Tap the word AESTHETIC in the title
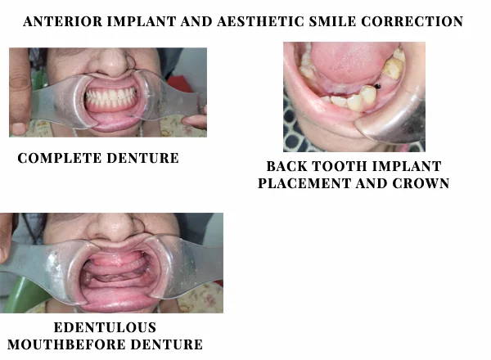tap(260, 21)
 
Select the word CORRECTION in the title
tap(412, 21)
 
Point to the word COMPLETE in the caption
tap(59, 158)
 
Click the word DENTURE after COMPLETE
tap(142, 158)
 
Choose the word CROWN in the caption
tap(421, 183)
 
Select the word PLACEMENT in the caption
tap(304, 183)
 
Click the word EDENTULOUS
tap(106, 328)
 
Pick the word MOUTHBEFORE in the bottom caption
tap(65, 344)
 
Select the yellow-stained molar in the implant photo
tap(392, 67)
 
